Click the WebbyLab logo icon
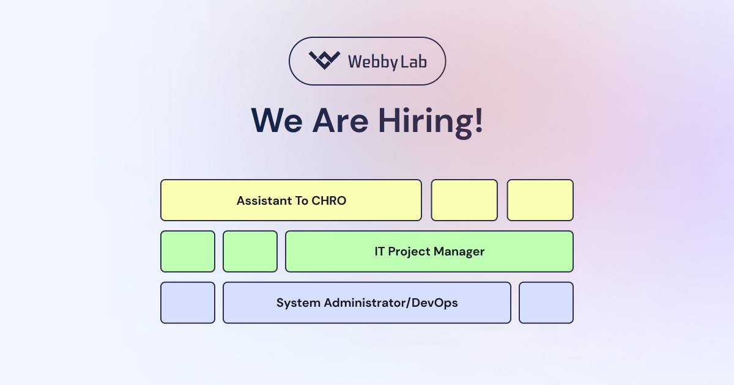[x=324, y=61]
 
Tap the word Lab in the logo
[x=413, y=62]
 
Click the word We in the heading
[x=277, y=120]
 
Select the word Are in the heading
[x=341, y=120]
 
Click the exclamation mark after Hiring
[x=479, y=120]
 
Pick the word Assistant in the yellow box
[x=264, y=200]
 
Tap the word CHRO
[x=328, y=200]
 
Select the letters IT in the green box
[x=379, y=251]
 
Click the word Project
[x=409, y=252]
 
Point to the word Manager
[x=459, y=252]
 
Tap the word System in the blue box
[x=298, y=303]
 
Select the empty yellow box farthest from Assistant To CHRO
[x=540, y=200]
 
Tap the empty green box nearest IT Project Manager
[x=250, y=251]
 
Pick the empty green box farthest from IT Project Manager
[x=188, y=251]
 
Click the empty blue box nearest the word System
[x=188, y=303]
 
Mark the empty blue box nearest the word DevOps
[x=546, y=303]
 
